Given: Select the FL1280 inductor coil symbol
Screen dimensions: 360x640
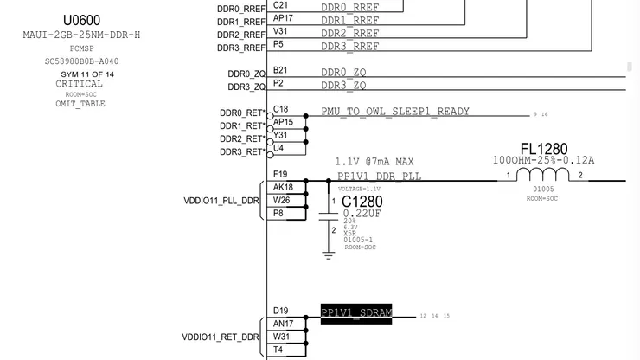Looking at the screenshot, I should pyautogui.click(x=543, y=175).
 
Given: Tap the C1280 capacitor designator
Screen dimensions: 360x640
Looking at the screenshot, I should pyautogui.click(x=362, y=202).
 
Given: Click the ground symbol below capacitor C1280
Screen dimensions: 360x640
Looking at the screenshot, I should pyautogui.click(x=329, y=254).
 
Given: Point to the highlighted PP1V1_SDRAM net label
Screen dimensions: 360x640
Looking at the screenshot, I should pyautogui.click(x=356, y=312).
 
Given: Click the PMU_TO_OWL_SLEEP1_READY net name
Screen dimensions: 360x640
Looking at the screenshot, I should pyautogui.click(x=395, y=112).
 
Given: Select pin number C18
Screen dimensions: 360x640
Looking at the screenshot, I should pyautogui.click(x=281, y=109).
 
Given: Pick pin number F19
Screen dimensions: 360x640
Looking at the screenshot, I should pyautogui.click(x=280, y=174).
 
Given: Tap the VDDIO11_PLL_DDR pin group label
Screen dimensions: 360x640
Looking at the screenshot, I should pyautogui.click(x=221, y=201).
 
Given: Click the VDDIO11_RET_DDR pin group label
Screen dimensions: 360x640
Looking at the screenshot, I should pyautogui.click(x=221, y=337).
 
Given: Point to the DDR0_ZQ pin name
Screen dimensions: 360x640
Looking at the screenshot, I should pyautogui.click(x=246, y=74).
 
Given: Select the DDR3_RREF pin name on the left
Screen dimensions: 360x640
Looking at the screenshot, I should pyautogui.click(x=241, y=48).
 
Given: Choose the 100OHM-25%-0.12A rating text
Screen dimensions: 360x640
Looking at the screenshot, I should pyautogui.click(x=543, y=160).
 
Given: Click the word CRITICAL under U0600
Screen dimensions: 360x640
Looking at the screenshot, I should pyautogui.click(x=79, y=84).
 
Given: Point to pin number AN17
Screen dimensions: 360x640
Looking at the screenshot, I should pyautogui.click(x=283, y=324).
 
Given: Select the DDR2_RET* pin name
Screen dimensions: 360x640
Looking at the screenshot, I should pyautogui.click(x=242, y=139).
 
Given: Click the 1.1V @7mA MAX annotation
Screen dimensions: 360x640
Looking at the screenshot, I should pyautogui.click(x=374, y=162).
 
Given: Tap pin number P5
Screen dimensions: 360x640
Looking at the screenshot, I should pyautogui.click(x=278, y=43).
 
